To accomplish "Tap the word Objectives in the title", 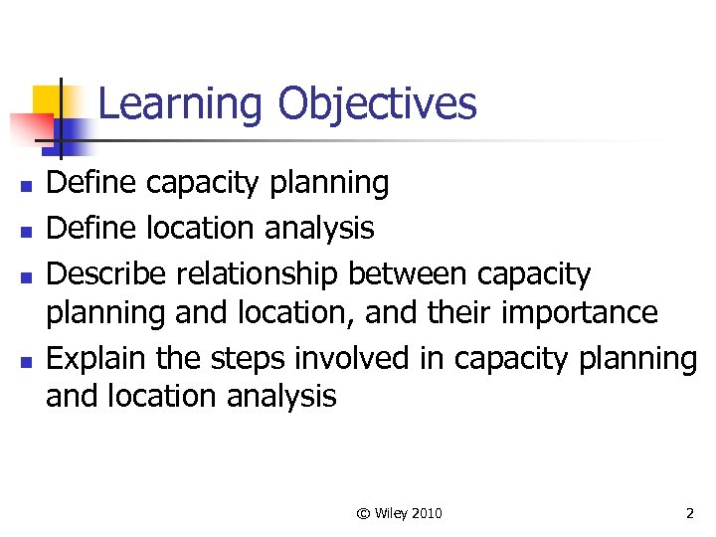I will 377,104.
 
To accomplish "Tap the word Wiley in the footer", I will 392,513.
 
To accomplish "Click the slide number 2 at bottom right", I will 689,513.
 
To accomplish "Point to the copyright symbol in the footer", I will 363,513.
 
